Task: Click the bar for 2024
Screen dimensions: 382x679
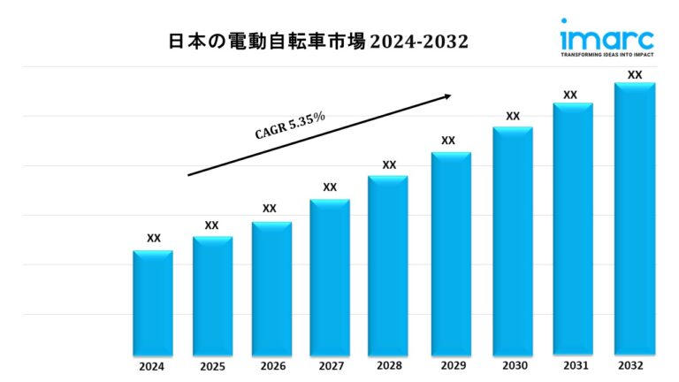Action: click(x=153, y=302)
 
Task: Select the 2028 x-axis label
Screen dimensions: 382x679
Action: click(x=389, y=365)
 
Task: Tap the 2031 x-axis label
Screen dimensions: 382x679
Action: click(x=573, y=365)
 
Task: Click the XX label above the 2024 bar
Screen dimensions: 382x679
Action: click(x=154, y=238)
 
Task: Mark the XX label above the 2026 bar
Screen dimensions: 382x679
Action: click(x=270, y=209)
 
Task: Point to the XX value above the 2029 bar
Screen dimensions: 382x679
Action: click(x=448, y=141)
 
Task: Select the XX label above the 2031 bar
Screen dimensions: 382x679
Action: click(x=570, y=95)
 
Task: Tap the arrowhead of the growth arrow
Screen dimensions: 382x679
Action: click(x=447, y=95)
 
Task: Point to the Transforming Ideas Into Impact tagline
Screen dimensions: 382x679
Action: click(x=607, y=54)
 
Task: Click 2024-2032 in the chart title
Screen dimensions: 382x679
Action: click(x=419, y=41)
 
